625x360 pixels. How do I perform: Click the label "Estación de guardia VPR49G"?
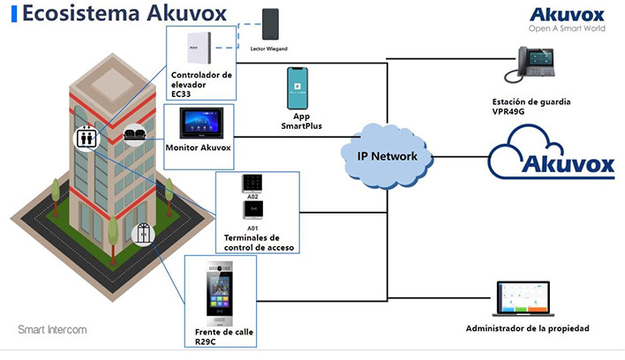pyautogui.click(x=532, y=107)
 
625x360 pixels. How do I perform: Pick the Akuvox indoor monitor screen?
pyautogui.click(x=199, y=123)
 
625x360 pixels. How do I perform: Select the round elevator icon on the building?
pyautogui.click(x=86, y=139)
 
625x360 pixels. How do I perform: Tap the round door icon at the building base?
pyautogui.click(x=141, y=233)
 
